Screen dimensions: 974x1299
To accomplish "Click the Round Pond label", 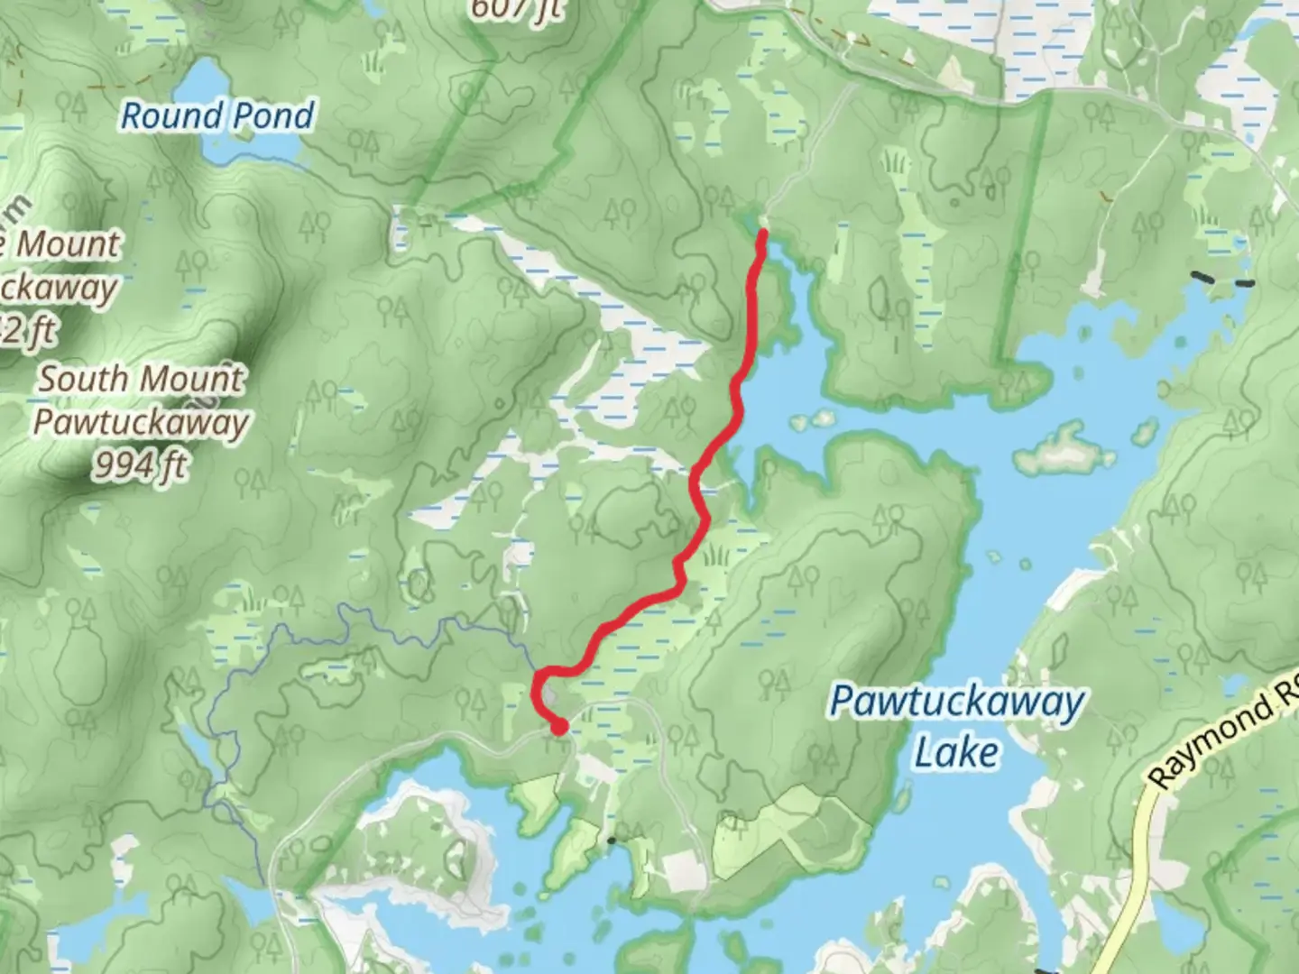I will (x=217, y=115).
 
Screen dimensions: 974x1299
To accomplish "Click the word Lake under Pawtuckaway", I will (x=956, y=752).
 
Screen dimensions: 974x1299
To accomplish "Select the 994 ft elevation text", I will (x=141, y=465).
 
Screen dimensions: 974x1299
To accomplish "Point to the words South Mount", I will (x=141, y=378).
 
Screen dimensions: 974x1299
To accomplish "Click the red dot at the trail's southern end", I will (x=559, y=726).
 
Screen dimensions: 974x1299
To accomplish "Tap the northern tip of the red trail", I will (x=762, y=234).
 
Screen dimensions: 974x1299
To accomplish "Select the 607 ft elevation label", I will (x=516, y=9).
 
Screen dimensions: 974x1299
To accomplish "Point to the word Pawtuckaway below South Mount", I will (x=141, y=422).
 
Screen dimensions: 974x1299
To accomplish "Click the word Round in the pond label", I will (x=172, y=115).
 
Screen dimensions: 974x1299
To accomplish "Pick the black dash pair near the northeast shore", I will (x=1222, y=279).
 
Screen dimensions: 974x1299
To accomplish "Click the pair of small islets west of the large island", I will (x=812, y=419).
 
